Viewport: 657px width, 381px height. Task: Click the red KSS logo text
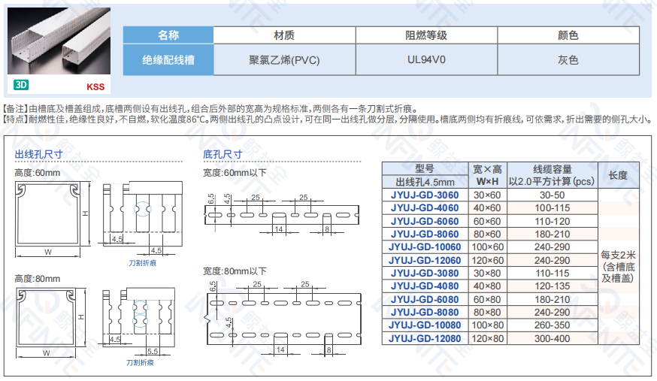(x=95, y=86)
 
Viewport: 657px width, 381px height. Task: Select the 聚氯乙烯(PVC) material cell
(x=284, y=59)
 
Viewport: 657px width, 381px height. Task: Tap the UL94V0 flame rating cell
(x=426, y=59)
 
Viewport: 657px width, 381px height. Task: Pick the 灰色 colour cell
(x=568, y=59)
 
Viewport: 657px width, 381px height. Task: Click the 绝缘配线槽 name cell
(x=168, y=59)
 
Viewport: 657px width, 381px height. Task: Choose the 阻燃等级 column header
(x=426, y=35)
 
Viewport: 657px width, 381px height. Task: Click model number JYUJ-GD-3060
(x=425, y=195)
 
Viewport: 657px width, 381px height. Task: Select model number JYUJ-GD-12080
(x=425, y=338)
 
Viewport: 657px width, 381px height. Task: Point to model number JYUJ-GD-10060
(x=425, y=247)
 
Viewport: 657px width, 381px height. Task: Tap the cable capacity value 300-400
(x=553, y=338)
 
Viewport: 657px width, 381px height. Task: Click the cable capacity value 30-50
(x=553, y=195)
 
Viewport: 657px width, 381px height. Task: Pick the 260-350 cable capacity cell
(x=553, y=325)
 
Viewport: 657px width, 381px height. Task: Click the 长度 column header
(x=618, y=175)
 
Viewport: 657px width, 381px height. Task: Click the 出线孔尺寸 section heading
(x=38, y=154)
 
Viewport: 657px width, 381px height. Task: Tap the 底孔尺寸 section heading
(x=223, y=154)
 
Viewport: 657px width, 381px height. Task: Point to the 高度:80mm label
(x=37, y=278)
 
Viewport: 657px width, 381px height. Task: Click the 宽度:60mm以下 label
(x=235, y=173)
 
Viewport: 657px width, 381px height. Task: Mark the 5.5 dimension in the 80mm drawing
(x=152, y=350)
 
